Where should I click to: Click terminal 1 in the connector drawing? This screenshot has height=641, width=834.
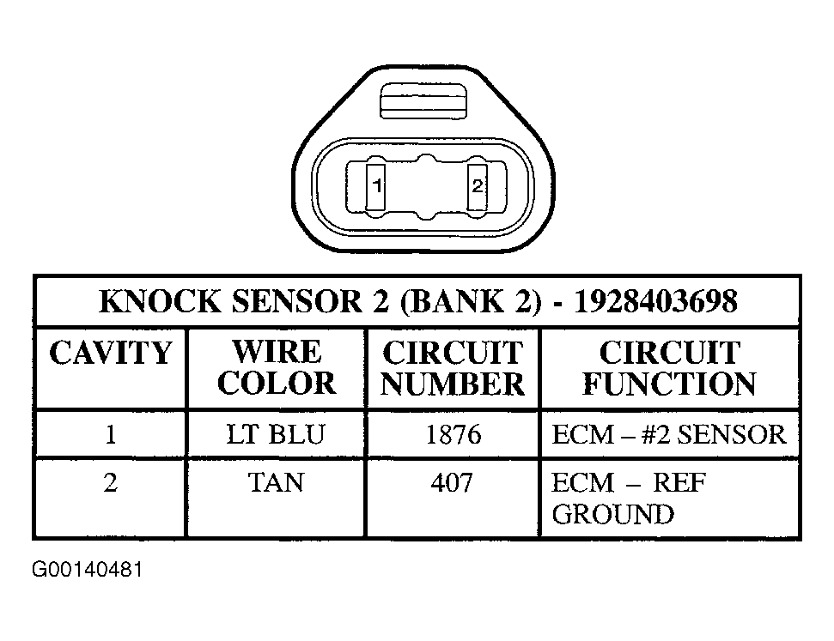tap(375, 186)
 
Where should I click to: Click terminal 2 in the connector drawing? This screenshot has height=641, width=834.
tap(477, 186)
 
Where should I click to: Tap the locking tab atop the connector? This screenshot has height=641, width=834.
tap(423, 100)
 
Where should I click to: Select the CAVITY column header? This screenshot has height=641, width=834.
tap(111, 352)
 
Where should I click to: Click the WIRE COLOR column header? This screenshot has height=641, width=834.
tap(277, 367)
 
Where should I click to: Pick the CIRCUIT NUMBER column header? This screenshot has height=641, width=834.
tap(453, 368)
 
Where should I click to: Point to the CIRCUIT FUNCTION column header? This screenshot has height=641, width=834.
tap(669, 368)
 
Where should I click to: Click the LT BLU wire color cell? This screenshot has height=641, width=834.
tap(276, 434)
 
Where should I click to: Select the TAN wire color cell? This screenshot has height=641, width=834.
tap(276, 482)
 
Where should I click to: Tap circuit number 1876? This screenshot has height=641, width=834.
tap(454, 435)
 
